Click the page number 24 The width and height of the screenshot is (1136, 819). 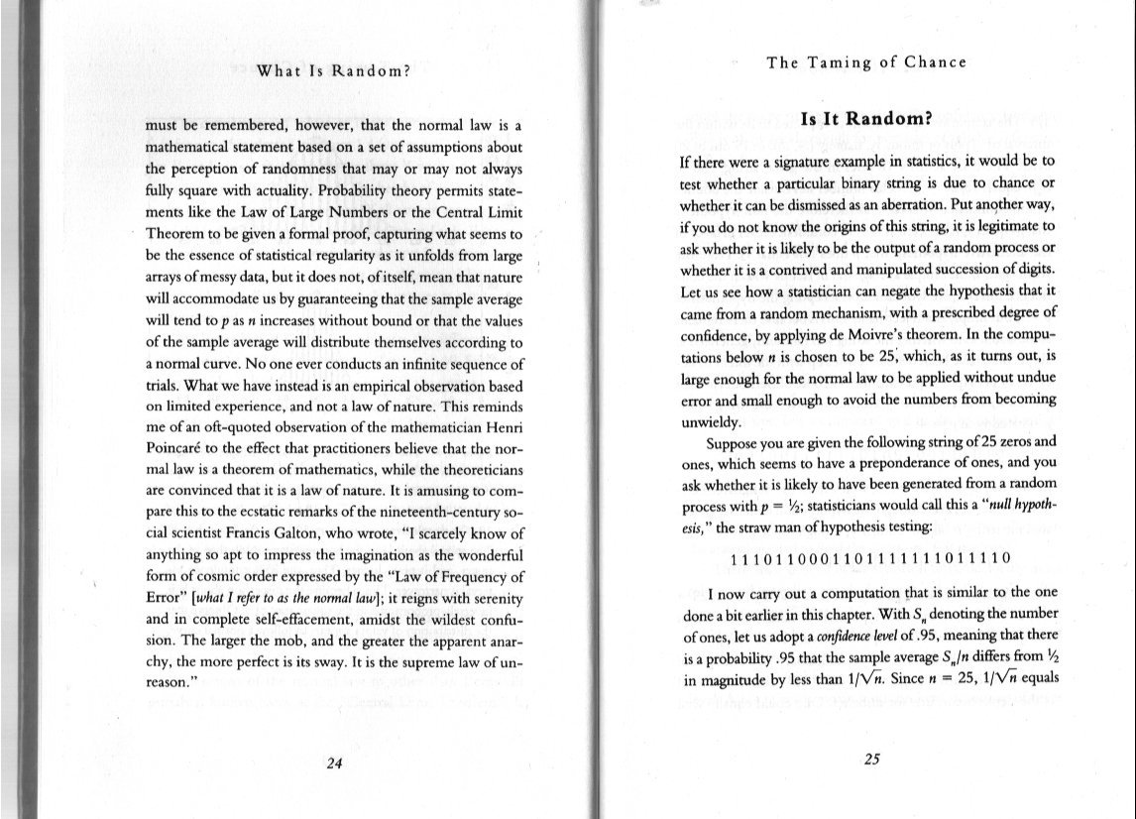[x=334, y=762]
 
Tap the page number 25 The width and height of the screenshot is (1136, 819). [x=872, y=760]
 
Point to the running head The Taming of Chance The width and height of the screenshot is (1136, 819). [x=865, y=62]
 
